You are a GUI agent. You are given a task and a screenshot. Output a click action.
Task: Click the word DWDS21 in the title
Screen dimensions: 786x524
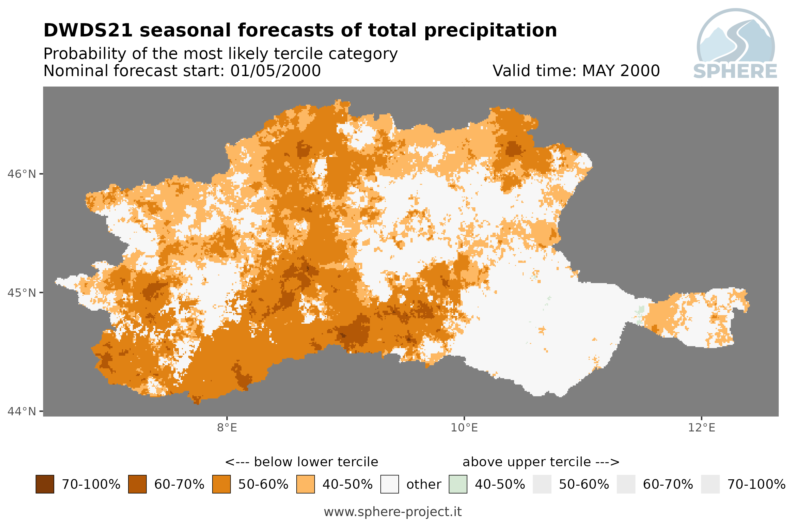88,30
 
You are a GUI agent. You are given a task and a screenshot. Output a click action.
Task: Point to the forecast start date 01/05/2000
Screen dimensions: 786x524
276,71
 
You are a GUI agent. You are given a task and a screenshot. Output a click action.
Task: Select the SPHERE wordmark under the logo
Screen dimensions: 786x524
735,71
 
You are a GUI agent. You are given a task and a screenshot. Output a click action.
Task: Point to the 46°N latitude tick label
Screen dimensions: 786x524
21,174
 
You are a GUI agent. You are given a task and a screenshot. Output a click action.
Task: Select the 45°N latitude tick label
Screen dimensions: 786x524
21,293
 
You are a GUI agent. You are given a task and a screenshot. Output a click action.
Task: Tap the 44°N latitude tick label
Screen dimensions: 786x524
21,411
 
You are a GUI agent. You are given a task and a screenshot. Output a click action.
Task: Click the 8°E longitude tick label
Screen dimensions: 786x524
227,428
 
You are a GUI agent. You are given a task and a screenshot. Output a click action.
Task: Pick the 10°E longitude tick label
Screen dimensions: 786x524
464,428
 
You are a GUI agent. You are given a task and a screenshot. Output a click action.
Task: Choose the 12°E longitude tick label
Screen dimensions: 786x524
701,428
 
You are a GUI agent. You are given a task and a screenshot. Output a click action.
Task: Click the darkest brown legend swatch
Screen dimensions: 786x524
45,484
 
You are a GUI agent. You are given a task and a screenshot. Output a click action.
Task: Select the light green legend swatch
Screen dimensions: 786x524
458,484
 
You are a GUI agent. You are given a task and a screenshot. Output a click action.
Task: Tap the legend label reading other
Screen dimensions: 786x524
423,485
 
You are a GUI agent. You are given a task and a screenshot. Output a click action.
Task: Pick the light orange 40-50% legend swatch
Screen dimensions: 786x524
305,484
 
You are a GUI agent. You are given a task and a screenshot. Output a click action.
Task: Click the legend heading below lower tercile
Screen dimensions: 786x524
302,462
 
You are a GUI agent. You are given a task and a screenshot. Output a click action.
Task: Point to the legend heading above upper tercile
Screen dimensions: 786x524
541,462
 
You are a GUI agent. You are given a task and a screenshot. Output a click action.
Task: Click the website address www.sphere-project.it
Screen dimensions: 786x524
392,512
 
